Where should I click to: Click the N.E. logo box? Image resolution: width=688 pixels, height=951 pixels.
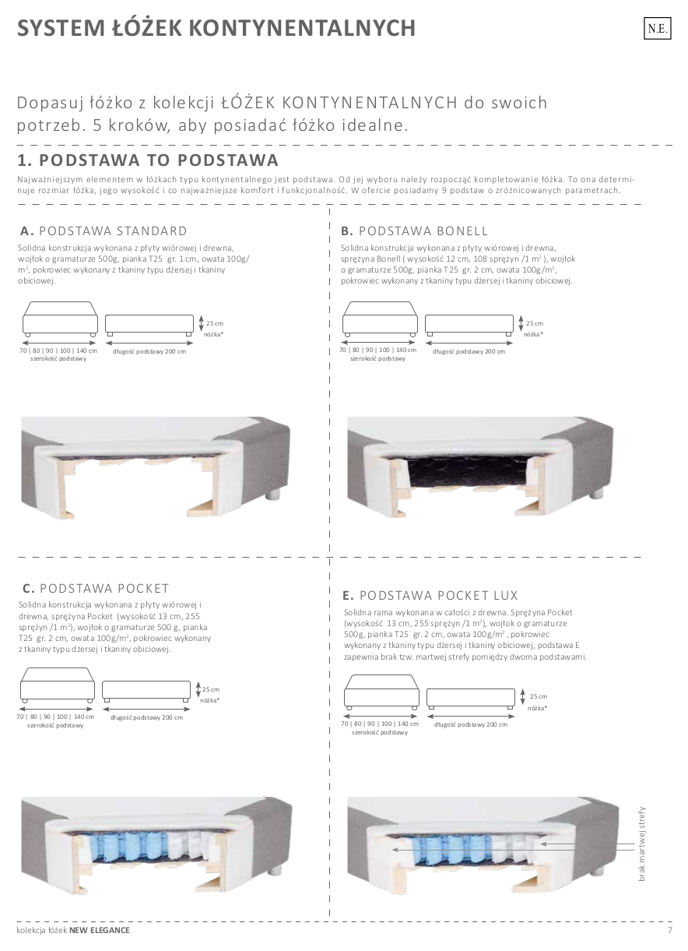(656, 29)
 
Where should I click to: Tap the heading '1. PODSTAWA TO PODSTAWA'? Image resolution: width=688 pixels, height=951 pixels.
(148, 160)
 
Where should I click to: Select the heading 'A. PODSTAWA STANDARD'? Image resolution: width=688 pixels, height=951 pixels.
(104, 231)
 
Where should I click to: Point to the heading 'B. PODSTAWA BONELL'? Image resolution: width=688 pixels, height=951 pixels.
(414, 231)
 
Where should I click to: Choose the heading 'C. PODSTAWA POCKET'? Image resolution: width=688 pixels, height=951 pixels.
(96, 588)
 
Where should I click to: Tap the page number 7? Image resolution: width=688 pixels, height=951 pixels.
(669, 930)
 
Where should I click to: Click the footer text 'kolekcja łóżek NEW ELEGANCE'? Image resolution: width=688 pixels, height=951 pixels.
(74, 930)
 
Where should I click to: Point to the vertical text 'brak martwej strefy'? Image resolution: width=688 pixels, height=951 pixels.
(642, 845)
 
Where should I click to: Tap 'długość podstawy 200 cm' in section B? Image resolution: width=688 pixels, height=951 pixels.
(469, 351)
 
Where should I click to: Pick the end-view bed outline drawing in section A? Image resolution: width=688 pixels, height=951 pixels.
(60, 319)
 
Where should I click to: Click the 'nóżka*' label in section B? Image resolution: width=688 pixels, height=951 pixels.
(533, 333)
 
